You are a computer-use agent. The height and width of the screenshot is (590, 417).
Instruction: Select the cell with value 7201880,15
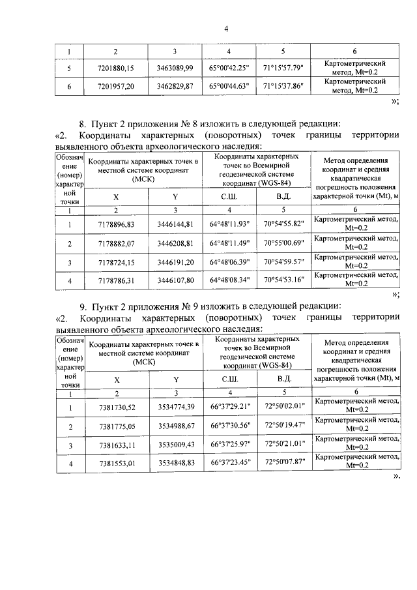pos(115,67)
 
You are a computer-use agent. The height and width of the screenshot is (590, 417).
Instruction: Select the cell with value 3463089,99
pos(175,67)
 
